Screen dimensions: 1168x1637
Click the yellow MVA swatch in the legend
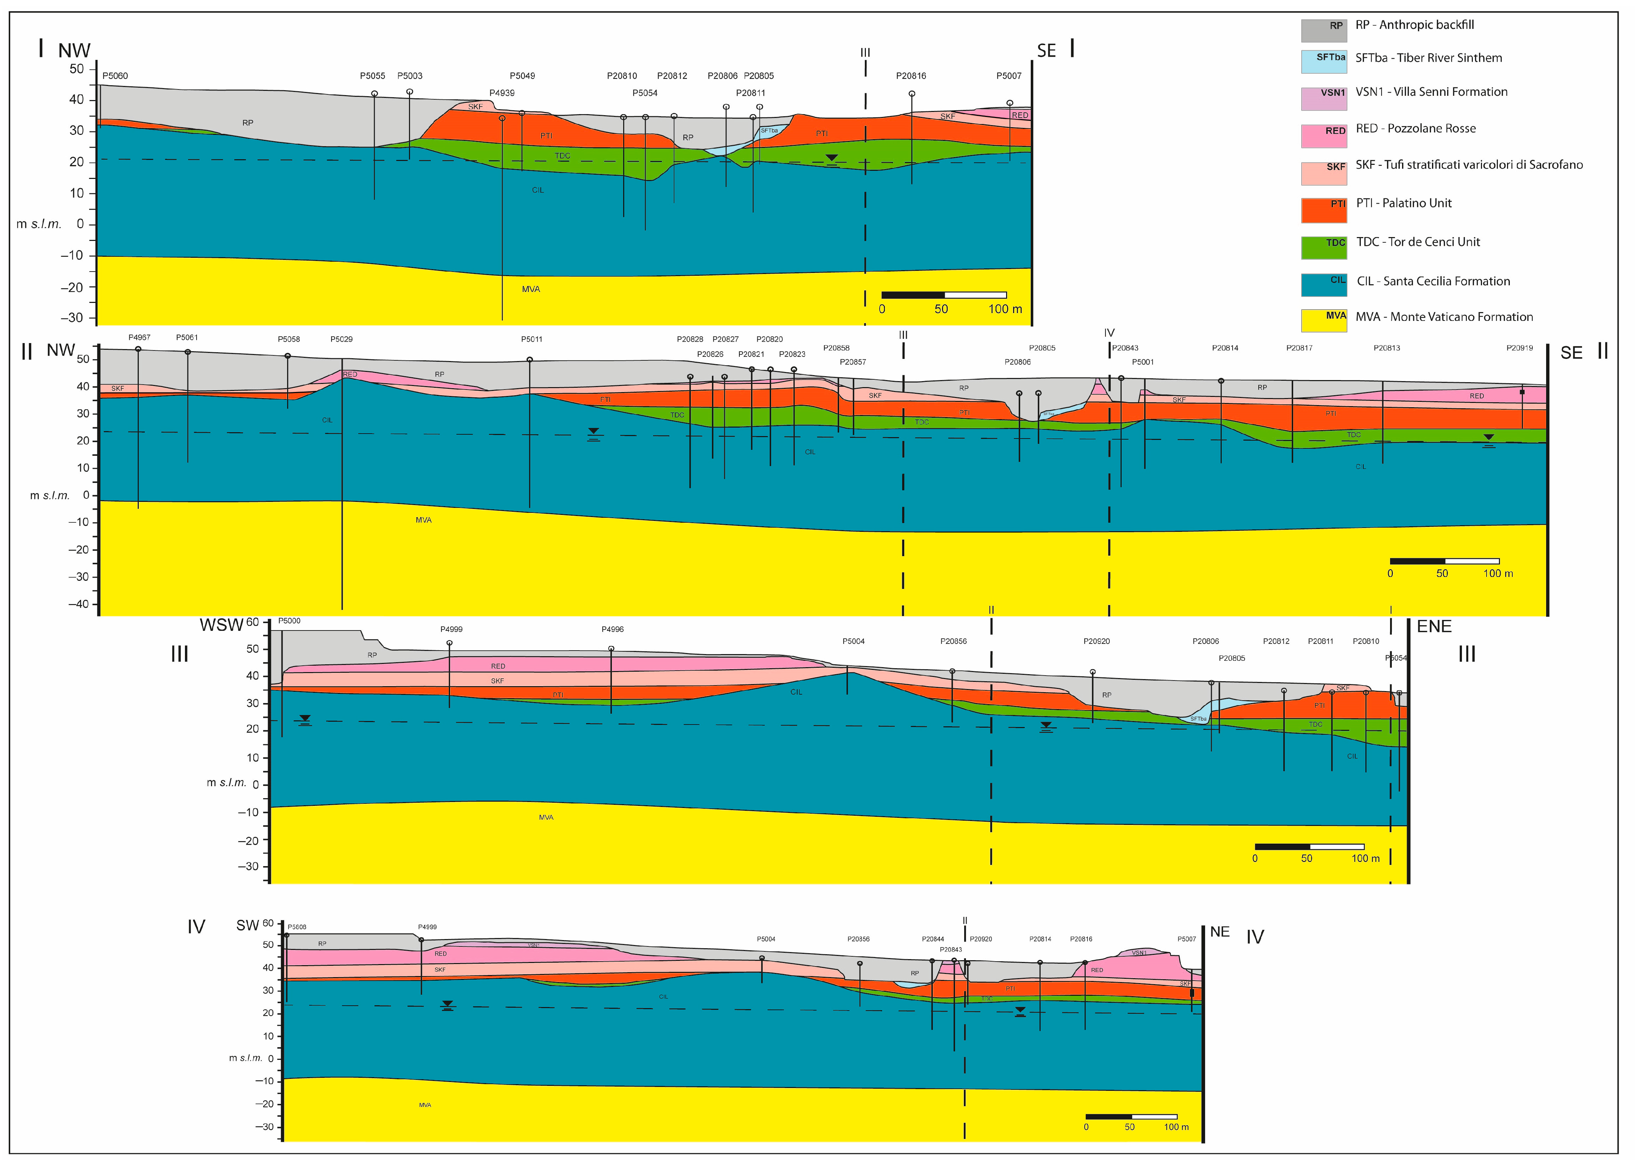pos(1323,320)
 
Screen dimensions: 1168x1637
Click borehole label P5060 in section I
pos(115,75)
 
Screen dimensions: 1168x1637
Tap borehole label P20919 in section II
pos(1519,348)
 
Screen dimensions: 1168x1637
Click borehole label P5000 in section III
pos(289,621)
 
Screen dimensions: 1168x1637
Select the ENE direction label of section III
pos(1434,626)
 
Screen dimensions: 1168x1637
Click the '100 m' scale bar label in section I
pos(1005,309)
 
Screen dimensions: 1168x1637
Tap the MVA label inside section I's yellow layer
pos(531,289)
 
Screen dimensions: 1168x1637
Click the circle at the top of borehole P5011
pos(529,360)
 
